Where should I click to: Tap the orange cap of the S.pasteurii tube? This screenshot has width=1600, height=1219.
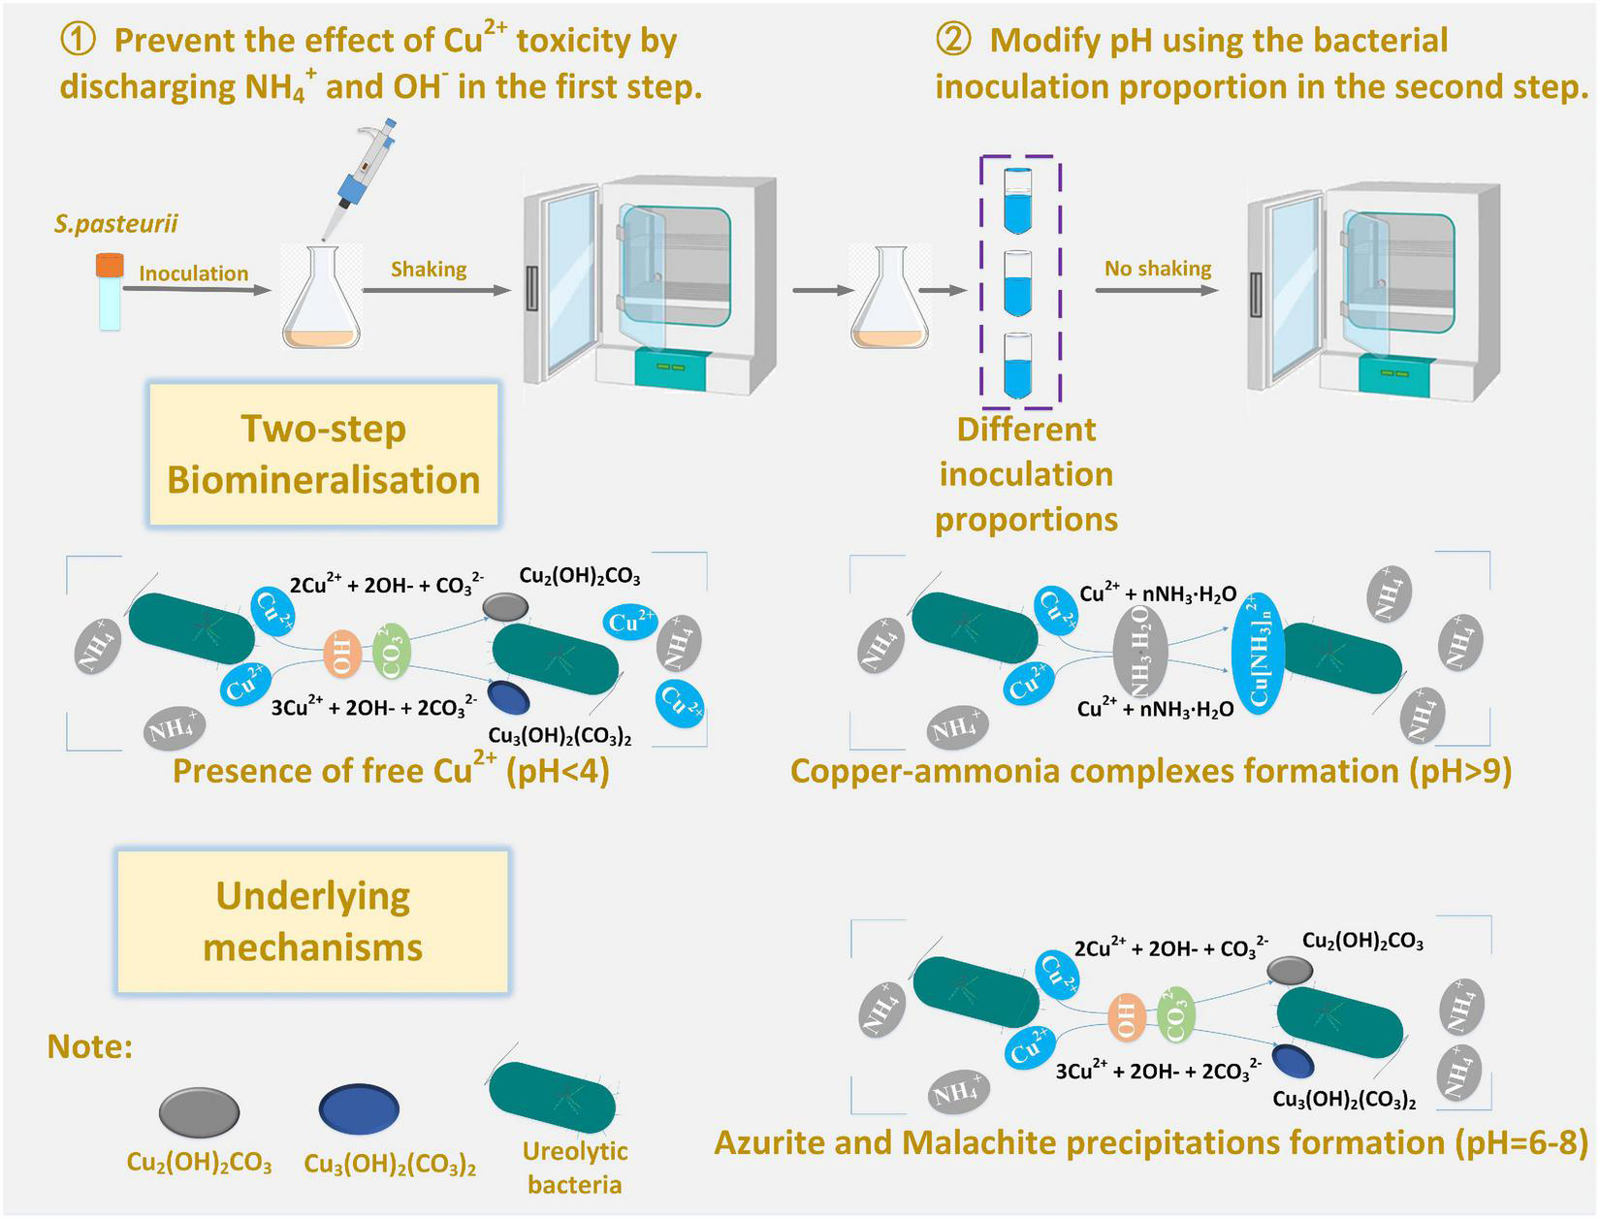[x=110, y=263]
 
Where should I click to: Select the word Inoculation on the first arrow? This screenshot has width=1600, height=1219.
[x=193, y=273]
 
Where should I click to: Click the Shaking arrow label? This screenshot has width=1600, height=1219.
[x=429, y=270]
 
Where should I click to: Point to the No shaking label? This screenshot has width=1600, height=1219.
[x=1158, y=269]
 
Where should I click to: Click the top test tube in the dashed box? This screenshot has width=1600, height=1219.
[x=1016, y=201]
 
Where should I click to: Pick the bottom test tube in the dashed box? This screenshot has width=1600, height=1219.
[x=1016, y=366]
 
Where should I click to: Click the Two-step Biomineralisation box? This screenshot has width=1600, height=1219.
[x=323, y=455]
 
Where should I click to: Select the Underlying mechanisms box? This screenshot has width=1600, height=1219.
[x=313, y=922]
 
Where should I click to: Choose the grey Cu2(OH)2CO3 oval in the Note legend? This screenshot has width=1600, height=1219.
[x=199, y=1111]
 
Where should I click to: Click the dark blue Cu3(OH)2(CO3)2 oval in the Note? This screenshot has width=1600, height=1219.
[x=359, y=1108]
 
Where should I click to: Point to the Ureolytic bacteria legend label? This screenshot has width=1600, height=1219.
[x=575, y=1168]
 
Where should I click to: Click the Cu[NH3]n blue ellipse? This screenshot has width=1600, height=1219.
[x=1257, y=653]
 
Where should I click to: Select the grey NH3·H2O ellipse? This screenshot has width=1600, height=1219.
[x=1140, y=653]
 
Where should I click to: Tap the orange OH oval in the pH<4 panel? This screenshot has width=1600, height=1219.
[x=342, y=653]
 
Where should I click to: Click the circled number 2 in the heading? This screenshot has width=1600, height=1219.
[x=952, y=41]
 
